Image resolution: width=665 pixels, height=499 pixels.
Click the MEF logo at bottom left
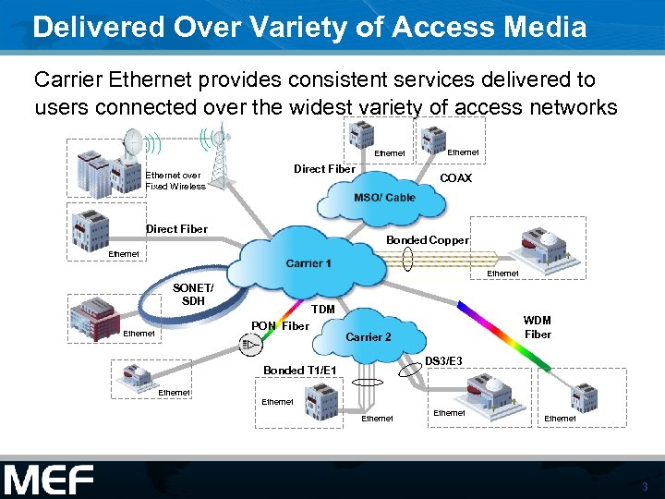pyautogui.click(x=49, y=479)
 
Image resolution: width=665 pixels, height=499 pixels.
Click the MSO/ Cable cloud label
pyautogui.click(x=384, y=198)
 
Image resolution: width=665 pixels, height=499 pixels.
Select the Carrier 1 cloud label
pyautogui.click(x=308, y=263)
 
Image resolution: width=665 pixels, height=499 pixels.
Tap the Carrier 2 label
pyautogui.click(x=369, y=336)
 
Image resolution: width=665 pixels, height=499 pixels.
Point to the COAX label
pyautogui.click(x=456, y=178)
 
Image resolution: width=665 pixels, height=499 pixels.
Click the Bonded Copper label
pyautogui.click(x=428, y=240)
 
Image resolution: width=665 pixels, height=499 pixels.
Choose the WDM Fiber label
pyautogui.click(x=538, y=327)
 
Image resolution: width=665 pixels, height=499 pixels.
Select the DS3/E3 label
pyautogui.click(x=443, y=359)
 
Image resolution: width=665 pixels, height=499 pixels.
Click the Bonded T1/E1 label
pyautogui.click(x=299, y=371)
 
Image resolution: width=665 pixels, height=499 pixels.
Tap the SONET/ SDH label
pyautogui.click(x=193, y=295)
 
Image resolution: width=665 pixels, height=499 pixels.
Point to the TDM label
pyautogui.click(x=322, y=309)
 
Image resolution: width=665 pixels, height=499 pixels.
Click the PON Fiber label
pyautogui.click(x=280, y=325)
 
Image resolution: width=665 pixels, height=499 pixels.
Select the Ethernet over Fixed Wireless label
pyautogui.click(x=175, y=180)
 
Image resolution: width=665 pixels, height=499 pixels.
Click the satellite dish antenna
pyautogui.click(x=135, y=142)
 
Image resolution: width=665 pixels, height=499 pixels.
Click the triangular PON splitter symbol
pyautogui.click(x=248, y=346)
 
